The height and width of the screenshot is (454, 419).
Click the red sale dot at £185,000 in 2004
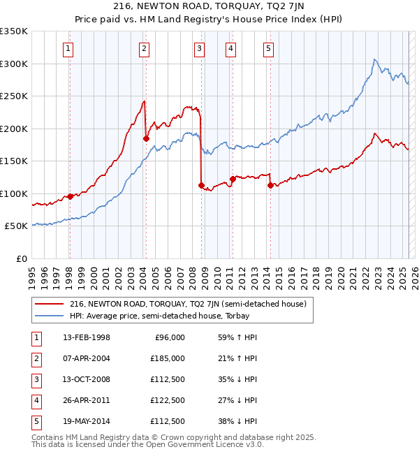(146, 138)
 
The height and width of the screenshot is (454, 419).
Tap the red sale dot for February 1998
(70, 196)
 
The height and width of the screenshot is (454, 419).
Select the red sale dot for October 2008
(201, 186)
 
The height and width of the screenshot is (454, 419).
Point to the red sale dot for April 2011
(233, 180)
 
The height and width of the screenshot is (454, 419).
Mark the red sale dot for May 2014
(270, 186)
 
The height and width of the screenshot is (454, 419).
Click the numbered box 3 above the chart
(200, 49)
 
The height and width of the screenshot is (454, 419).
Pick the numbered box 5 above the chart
(269, 49)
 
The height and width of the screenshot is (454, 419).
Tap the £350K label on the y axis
(14, 31)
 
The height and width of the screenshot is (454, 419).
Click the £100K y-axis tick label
(14, 193)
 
